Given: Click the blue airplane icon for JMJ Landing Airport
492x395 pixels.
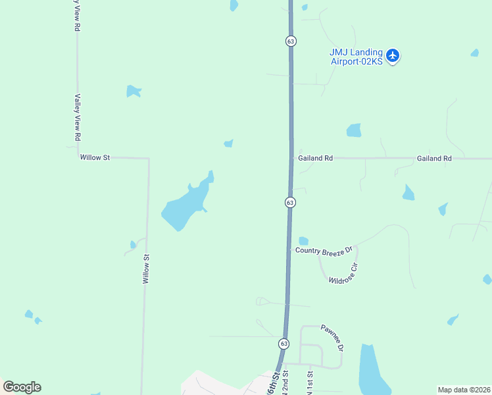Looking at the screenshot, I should click(x=393, y=55).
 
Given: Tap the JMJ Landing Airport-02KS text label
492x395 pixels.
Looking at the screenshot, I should click(x=356, y=57).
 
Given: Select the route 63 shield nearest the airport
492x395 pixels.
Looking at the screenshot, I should click(x=291, y=41).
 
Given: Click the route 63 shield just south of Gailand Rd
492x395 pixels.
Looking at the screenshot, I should click(x=290, y=203).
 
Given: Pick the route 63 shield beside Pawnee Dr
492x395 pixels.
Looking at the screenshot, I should click(x=283, y=344).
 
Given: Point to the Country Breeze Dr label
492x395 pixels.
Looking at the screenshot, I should click(x=324, y=250).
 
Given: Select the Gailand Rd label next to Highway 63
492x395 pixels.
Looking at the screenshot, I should click(x=316, y=159).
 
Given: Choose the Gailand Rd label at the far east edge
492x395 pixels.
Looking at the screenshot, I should click(x=434, y=159).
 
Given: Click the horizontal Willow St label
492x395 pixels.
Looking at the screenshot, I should click(x=95, y=158).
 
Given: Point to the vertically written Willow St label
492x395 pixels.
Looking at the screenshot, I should click(x=147, y=269).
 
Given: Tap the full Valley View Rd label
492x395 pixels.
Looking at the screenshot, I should click(x=78, y=118).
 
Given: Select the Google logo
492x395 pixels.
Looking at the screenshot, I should click(x=22, y=387).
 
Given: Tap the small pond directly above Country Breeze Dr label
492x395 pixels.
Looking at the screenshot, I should click(x=303, y=241).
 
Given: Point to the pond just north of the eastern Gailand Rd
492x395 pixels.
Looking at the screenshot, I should click(x=354, y=130).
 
